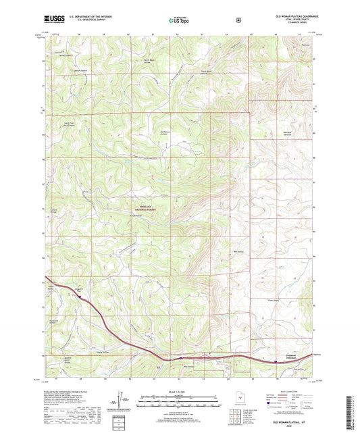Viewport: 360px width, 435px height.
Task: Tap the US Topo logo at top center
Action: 179,20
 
